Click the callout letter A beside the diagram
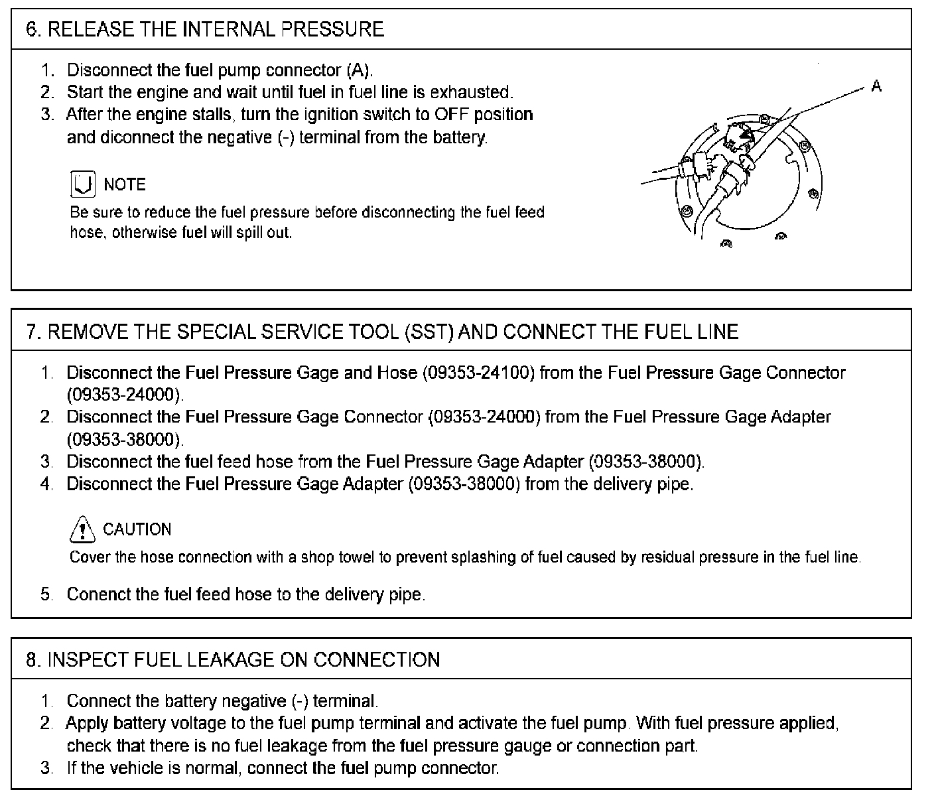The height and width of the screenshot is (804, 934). coord(876,86)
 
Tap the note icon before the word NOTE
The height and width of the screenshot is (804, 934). coord(82,184)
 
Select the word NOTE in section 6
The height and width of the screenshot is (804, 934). coord(125,184)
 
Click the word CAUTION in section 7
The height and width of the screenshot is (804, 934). coord(137,529)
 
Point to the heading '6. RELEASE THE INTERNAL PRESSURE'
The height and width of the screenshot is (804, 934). coord(205,29)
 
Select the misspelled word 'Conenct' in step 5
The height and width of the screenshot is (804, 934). coord(95,594)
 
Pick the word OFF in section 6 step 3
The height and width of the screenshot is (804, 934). coord(452,114)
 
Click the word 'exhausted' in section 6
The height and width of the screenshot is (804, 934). coord(472,92)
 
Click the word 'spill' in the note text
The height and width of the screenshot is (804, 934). coord(249,233)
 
